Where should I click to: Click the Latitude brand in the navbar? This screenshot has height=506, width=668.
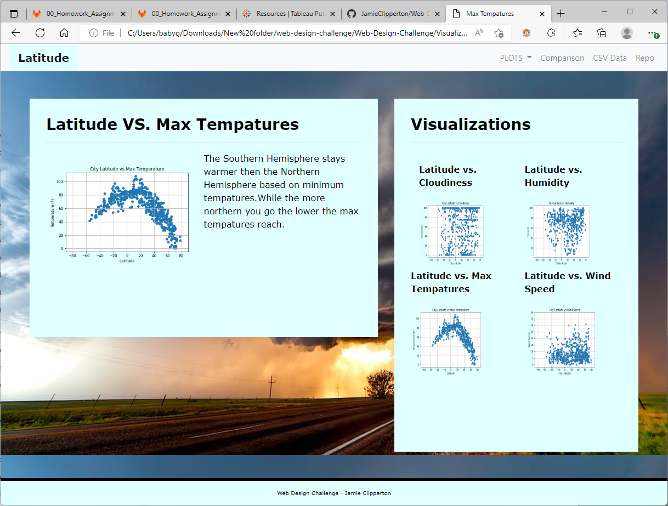(x=43, y=58)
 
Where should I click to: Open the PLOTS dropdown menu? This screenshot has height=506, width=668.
(x=516, y=58)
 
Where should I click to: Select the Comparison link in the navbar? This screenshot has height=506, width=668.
(x=562, y=58)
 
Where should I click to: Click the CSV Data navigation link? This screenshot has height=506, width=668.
(x=609, y=58)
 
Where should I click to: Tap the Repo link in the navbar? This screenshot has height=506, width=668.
(x=644, y=58)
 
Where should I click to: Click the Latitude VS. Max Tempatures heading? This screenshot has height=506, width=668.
(x=172, y=124)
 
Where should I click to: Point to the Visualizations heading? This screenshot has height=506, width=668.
(x=471, y=124)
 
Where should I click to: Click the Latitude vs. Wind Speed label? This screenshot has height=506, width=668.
(x=567, y=282)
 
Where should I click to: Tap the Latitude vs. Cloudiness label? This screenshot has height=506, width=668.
(x=448, y=176)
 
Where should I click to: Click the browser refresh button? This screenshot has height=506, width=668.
(x=40, y=33)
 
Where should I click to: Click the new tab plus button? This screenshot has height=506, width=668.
(x=560, y=14)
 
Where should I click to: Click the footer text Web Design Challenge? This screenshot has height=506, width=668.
(x=333, y=493)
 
